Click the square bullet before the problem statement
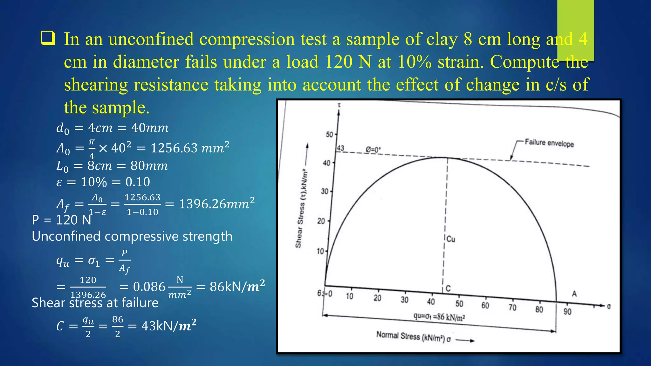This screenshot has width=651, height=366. pos(48,38)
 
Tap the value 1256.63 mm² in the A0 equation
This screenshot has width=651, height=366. pos(190,148)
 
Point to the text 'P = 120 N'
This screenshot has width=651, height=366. pos(61,220)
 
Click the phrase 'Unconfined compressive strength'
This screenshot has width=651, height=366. pos(132,236)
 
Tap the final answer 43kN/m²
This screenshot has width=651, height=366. pos(169,326)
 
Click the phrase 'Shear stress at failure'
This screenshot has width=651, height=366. pos(95,302)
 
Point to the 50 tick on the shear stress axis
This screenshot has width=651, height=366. pos(329,134)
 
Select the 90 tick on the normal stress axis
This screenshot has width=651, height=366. pos(567,311)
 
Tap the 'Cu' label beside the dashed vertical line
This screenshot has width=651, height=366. pos(451,239)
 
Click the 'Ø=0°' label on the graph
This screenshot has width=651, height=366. pos(373,149)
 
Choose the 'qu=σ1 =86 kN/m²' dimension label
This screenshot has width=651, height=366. pos(439,317)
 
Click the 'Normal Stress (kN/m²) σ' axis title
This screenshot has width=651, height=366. pos(413,336)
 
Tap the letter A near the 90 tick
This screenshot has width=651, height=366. pos(574,294)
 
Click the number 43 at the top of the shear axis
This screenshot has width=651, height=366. pos(340,148)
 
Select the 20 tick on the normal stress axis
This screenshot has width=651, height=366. pos(377,298)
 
